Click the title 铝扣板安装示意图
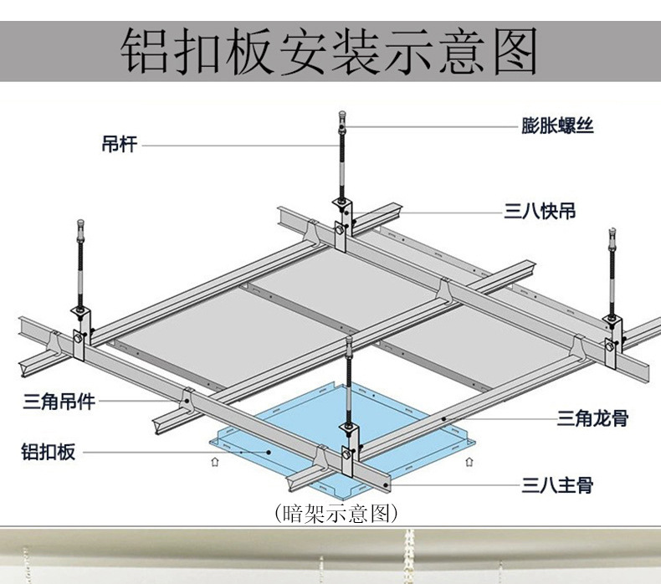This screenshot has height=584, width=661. pos(330,51)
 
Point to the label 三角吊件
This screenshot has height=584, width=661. pos(58,402)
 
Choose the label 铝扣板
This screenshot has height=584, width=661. pos(48,453)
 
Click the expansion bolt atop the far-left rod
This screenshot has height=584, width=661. pos(80,228)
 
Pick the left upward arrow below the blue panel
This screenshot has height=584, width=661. pos(216,459)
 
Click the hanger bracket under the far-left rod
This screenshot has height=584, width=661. pos(82,330)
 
